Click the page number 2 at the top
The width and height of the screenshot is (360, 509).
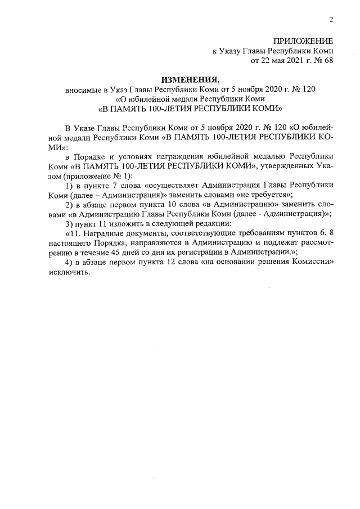331,20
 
